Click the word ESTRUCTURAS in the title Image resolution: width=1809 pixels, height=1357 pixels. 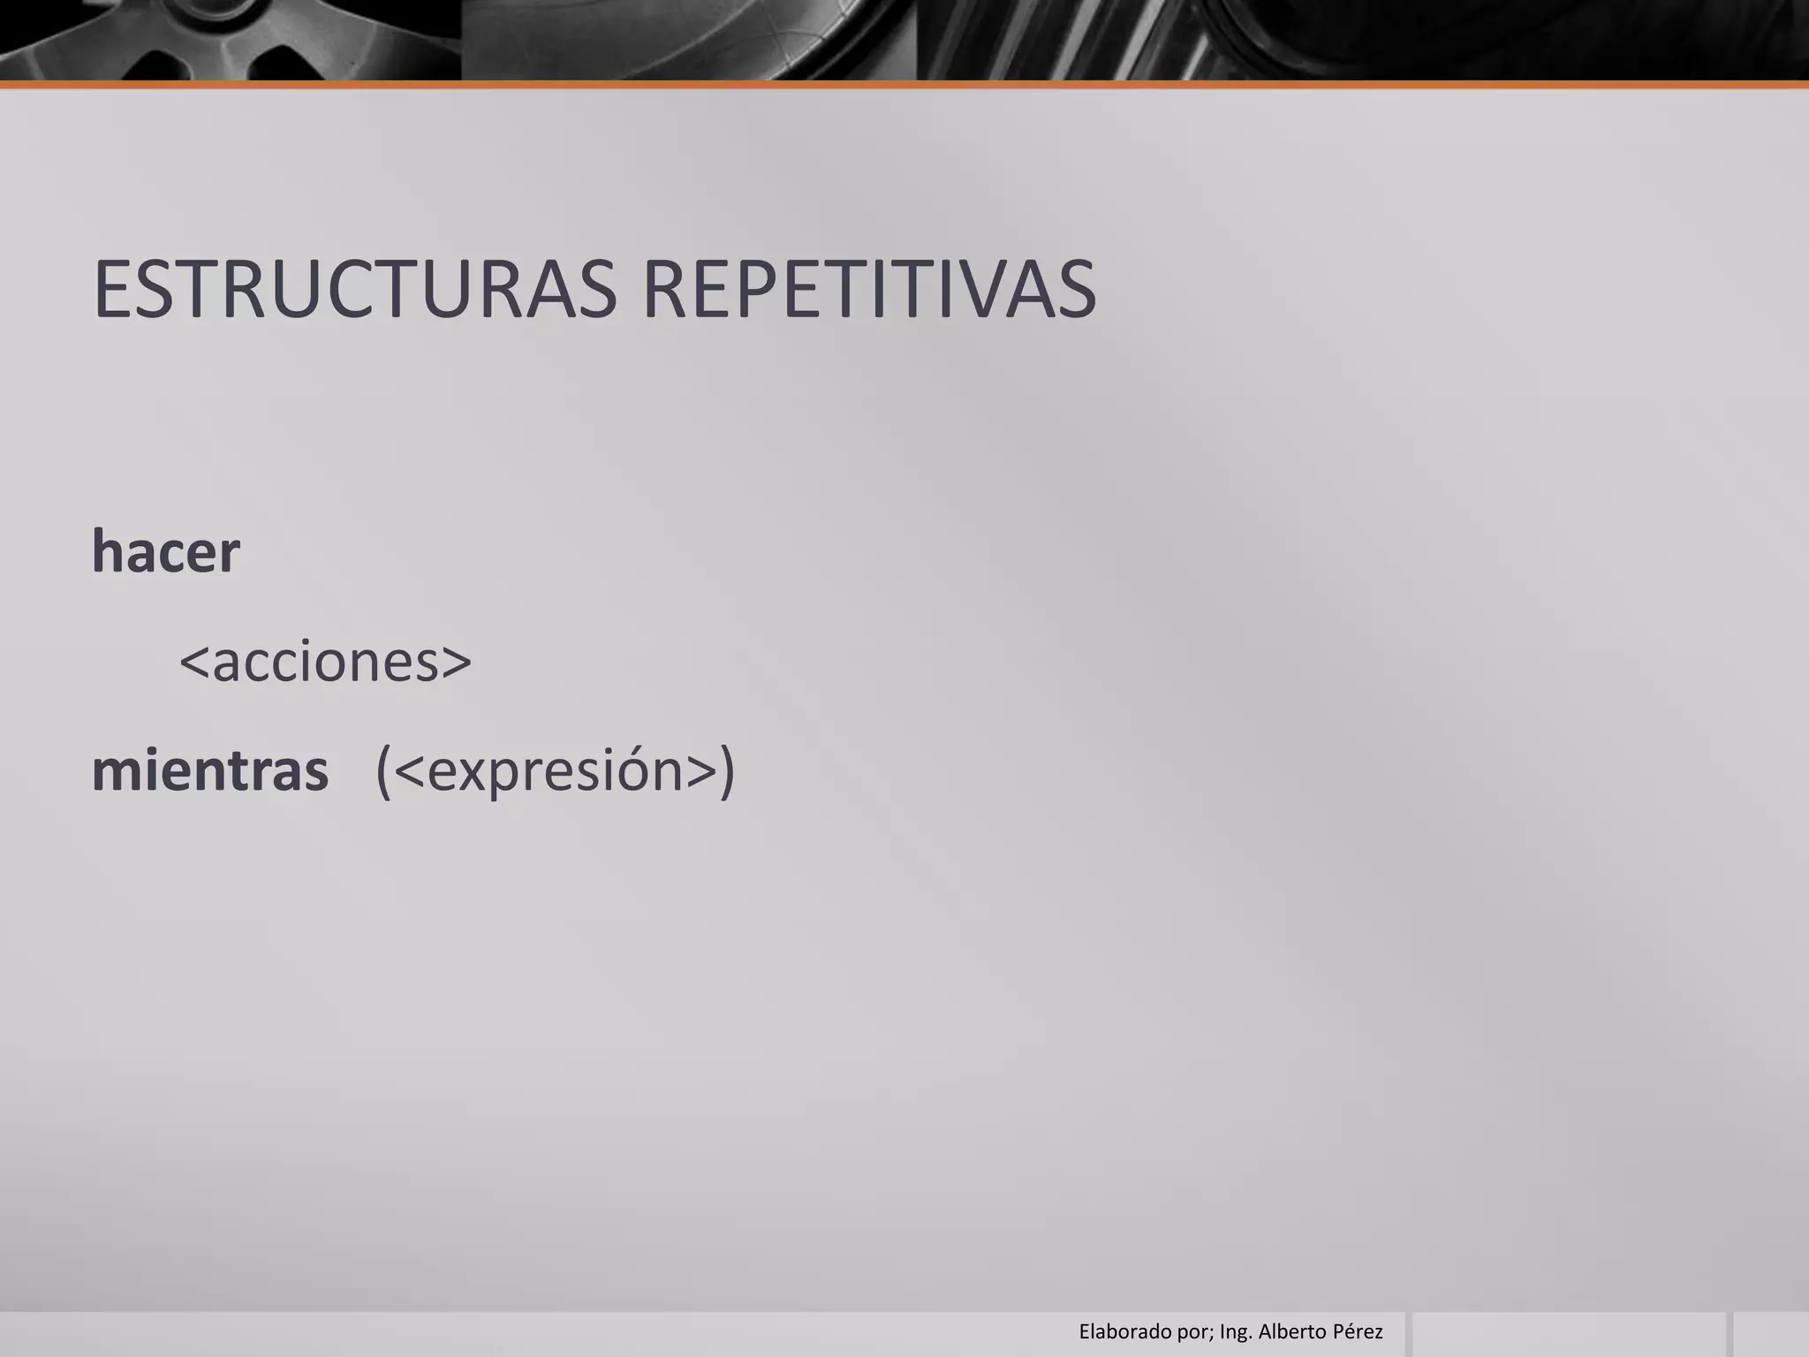click(353, 289)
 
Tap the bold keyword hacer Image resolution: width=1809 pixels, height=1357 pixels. click(165, 552)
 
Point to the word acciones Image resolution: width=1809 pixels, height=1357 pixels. click(325, 662)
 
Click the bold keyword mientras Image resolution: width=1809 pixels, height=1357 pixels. click(210, 770)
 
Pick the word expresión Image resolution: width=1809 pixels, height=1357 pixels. click(555, 770)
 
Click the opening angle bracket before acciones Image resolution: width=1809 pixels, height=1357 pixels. click(193, 663)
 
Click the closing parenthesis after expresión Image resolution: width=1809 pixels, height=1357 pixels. click(726, 771)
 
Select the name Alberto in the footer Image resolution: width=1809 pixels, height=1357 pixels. click(1291, 1331)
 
